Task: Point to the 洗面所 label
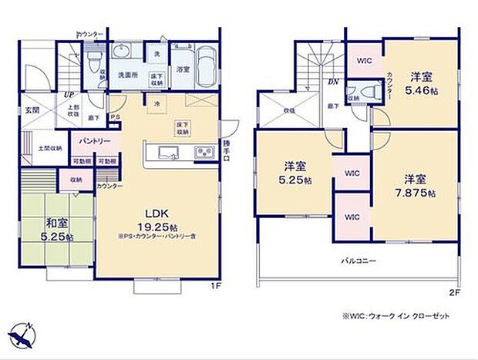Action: [x=127, y=76]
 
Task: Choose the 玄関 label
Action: [x=32, y=111]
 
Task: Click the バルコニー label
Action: [x=358, y=262]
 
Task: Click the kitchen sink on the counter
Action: [x=204, y=150]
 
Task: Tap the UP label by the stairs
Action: [x=68, y=95]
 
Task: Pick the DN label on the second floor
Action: [x=334, y=81]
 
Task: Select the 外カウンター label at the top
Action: [x=90, y=35]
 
